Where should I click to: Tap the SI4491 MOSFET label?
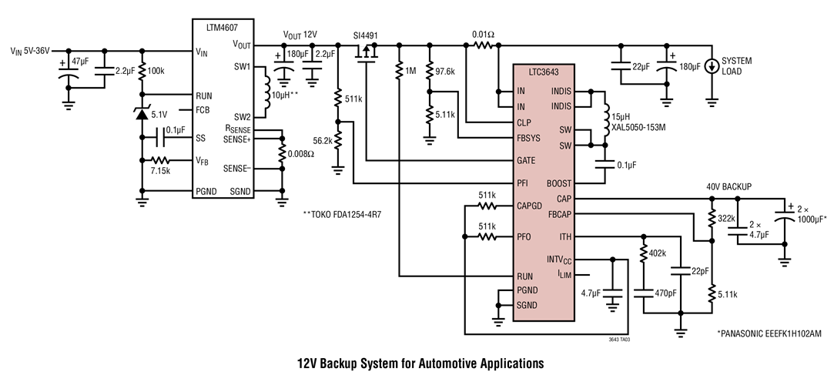click(366, 35)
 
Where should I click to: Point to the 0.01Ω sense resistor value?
click(483, 35)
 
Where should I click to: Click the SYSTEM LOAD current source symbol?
click(712, 66)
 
